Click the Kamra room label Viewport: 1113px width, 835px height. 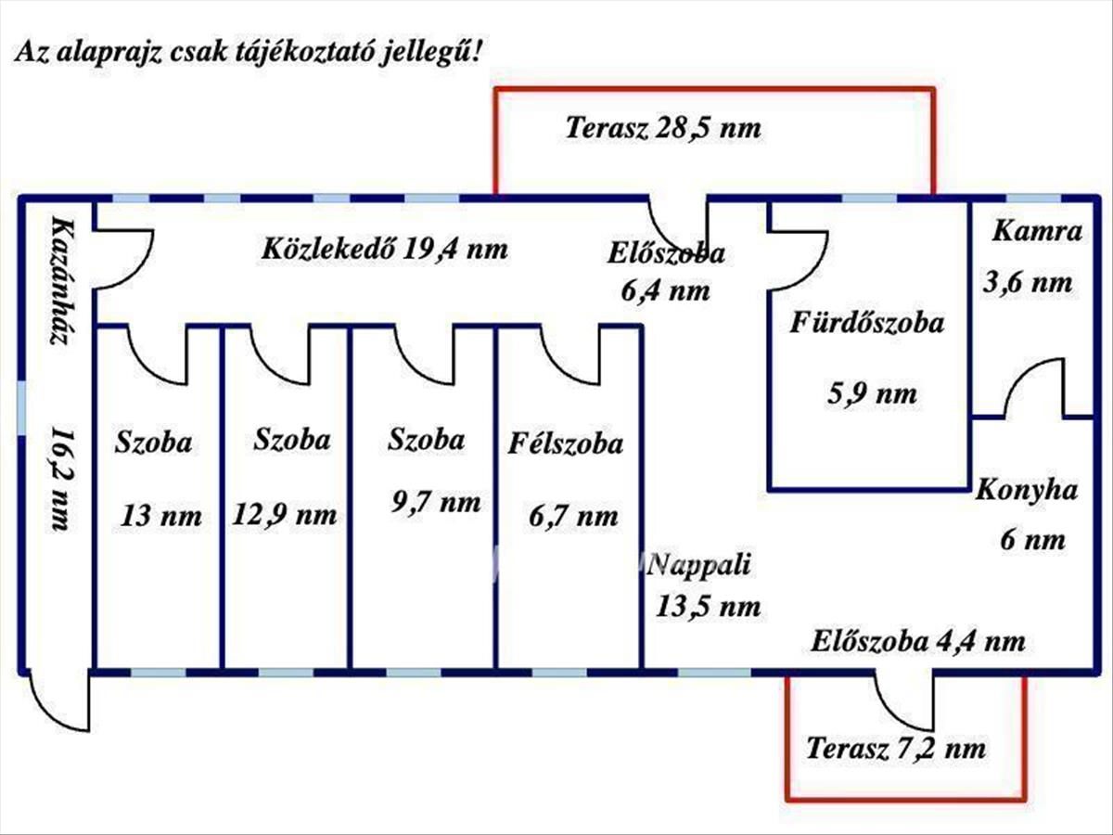point(1037,231)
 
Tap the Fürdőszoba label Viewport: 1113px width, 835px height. point(867,323)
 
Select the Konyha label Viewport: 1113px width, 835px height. point(1026,490)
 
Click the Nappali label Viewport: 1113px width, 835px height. point(701,563)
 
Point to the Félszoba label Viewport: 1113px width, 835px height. point(565,444)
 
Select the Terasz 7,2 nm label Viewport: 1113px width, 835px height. point(895,748)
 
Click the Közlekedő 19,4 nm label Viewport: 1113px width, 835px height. point(385,249)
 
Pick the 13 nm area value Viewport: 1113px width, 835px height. point(160,515)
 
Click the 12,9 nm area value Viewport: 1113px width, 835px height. point(284,513)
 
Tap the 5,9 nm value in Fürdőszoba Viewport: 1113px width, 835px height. point(871,393)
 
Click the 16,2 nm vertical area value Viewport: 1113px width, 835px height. point(59,479)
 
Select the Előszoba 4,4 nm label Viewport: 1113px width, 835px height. point(918,640)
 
